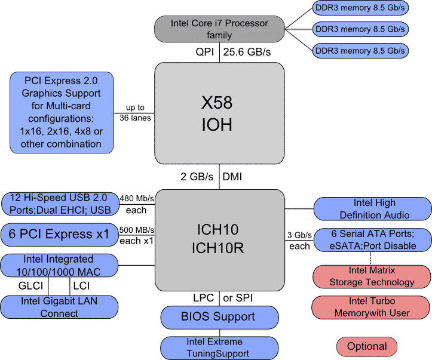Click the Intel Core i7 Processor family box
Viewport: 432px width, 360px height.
pyautogui.click(x=219, y=29)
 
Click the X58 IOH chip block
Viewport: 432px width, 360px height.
pyautogui.click(x=219, y=113)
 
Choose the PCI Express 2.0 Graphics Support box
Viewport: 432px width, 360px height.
pyautogui.click(x=62, y=112)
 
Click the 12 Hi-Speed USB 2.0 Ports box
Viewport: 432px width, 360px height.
pyautogui.click(x=60, y=204)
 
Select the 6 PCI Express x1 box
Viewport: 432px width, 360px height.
pyautogui.click(x=59, y=235)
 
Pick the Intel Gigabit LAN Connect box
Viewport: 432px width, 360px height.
pyautogui.click(x=59, y=307)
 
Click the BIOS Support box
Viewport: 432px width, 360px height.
pyautogui.click(x=219, y=316)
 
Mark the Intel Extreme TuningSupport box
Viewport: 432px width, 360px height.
pyautogui.click(x=219, y=347)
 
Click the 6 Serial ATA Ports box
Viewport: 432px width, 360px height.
pyautogui.click(x=372, y=239)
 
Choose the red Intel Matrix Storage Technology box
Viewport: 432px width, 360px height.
pyautogui.click(x=371, y=276)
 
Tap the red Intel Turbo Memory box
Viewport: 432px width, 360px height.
pyautogui.click(x=371, y=307)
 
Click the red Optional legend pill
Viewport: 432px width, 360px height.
pyautogui.click(x=367, y=346)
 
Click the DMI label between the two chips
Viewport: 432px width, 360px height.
pyautogui.click(x=231, y=177)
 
